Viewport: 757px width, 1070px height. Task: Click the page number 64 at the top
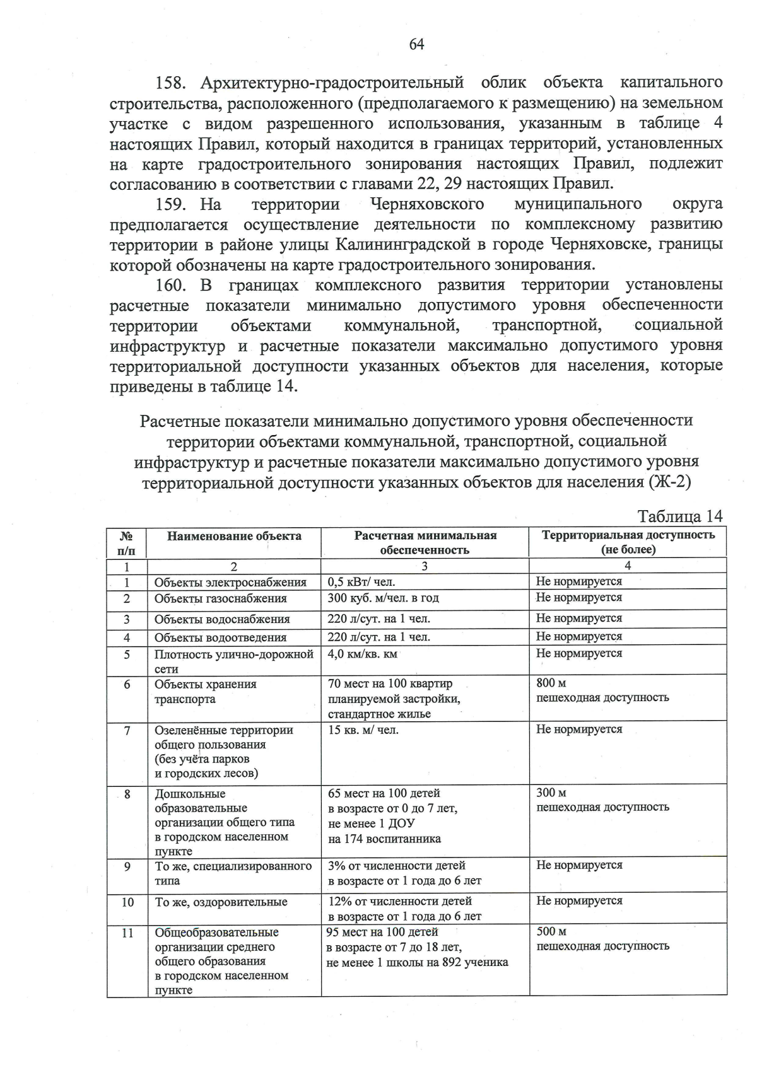tap(416, 44)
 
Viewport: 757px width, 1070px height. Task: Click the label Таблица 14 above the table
tap(679, 516)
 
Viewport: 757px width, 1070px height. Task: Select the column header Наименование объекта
tap(234, 537)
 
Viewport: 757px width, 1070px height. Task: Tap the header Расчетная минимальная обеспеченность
tap(425, 543)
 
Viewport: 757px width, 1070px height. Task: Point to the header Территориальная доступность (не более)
tap(628, 542)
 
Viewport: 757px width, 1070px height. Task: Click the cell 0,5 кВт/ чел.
tap(361, 582)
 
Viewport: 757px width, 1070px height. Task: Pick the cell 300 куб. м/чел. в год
tap(383, 598)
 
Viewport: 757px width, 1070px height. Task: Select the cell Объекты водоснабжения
tap(222, 619)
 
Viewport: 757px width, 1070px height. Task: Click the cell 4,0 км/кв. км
tap(362, 654)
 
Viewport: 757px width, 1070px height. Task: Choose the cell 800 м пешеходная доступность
tap(602, 690)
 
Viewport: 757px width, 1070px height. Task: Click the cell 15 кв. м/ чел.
tap(363, 730)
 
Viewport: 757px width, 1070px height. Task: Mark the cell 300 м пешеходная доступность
tap(602, 800)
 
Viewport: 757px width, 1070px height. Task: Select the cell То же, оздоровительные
tap(221, 902)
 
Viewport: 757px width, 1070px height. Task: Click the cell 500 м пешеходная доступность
tap(602, 939)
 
